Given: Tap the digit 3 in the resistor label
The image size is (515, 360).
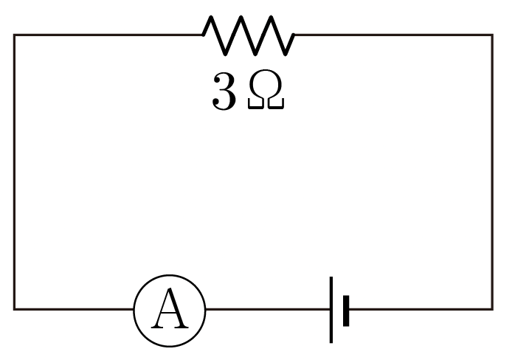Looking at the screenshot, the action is pos(224,91).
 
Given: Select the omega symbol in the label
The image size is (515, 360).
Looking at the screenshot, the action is pos(266,89).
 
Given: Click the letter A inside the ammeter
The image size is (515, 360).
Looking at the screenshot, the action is pos(170,308).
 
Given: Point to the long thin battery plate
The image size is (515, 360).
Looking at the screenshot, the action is pos(331,310).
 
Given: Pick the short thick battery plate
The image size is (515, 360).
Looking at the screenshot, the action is pos(346,311).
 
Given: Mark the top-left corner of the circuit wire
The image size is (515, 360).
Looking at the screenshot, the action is pos(15,35).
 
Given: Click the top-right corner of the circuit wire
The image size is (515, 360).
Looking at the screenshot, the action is pos(492,35).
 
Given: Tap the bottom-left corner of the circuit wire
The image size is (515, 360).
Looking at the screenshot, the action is pos(15,309).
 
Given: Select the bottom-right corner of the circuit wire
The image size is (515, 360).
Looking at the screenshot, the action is pos(492,309).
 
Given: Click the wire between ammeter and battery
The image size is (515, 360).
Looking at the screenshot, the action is pos(268,309).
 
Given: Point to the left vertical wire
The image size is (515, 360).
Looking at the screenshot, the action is pos(15,172).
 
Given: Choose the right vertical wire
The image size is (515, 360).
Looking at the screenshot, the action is pos(492,172).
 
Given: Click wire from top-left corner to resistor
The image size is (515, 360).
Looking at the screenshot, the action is pos(108,35).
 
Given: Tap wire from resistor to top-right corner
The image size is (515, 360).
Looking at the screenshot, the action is pos(393,35).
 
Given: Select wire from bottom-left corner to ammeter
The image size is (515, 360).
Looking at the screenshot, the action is pos(74,309).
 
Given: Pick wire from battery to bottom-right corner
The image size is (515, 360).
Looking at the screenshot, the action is pos(421,309).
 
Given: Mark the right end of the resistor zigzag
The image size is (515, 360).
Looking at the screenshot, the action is pos(294,35).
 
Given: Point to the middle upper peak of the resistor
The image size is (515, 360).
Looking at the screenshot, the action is pos(241,17).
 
